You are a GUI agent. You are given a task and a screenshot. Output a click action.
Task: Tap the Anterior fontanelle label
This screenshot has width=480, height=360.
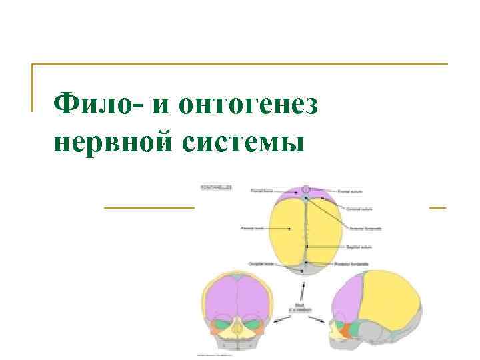pyautogui.click(x=365, y=228)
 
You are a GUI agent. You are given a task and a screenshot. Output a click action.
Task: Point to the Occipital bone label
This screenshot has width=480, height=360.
pyautogui.click(x=260, y=263)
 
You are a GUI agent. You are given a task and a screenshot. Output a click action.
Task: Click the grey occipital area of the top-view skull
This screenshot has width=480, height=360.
pyautogui.click(x=304, y=269)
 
